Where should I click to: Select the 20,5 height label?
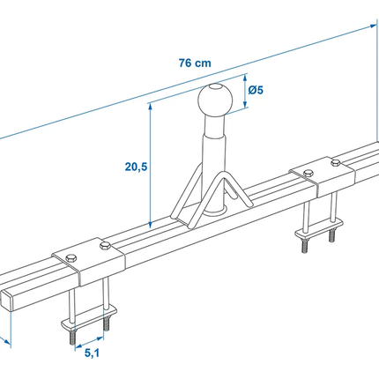(x=135, y=164)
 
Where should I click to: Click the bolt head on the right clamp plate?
(x=335, y=162)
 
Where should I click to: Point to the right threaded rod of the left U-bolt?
(x=105, y=319)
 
